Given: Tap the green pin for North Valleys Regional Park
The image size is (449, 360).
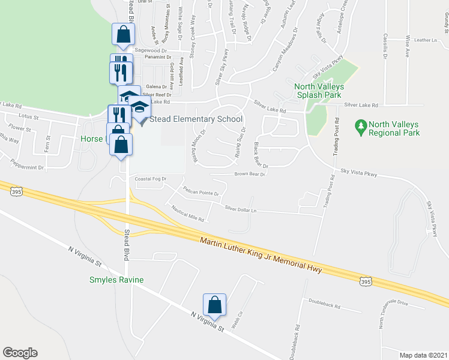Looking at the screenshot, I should click(360, 127).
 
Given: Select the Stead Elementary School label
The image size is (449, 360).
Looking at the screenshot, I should click(195, 119).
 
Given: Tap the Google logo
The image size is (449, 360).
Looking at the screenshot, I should click(20, 352).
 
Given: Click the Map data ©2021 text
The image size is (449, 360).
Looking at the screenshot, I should click(424, 355).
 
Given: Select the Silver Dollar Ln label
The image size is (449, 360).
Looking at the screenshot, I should click(241, 209).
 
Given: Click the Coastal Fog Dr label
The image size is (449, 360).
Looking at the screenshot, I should click(149, 179).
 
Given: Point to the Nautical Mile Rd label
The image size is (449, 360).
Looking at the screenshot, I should click(188, 213).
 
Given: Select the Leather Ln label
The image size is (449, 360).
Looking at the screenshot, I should click(426, 40).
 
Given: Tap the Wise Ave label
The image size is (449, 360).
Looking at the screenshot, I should click(407, 46).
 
